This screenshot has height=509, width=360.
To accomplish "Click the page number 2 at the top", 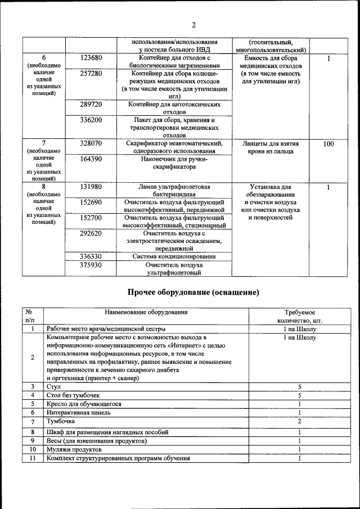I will click(x=193, y=25).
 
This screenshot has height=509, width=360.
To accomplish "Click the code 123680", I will click(x=91, y=58).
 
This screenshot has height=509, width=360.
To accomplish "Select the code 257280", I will click(x=91, y=74).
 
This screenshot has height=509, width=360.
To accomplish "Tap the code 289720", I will click(x=91, y=105).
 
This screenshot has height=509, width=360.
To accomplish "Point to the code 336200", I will click(x=91, y=120).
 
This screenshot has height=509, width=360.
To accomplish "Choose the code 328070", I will click(x=91, y=144).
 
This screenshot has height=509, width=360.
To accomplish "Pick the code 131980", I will click(x=91, y=187).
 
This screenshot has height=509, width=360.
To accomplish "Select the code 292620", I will click(x=91, y=233).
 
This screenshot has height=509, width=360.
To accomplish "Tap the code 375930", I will click(x=91, y=265).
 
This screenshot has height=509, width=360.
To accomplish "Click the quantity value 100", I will click(x=328, y=144).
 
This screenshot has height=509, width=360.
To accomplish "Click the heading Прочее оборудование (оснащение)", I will click(x=193, y=292).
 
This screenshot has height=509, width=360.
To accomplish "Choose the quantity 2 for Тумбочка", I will click(x=300, y=421).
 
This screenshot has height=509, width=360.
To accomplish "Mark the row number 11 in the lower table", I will click(x=33, y=458).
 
